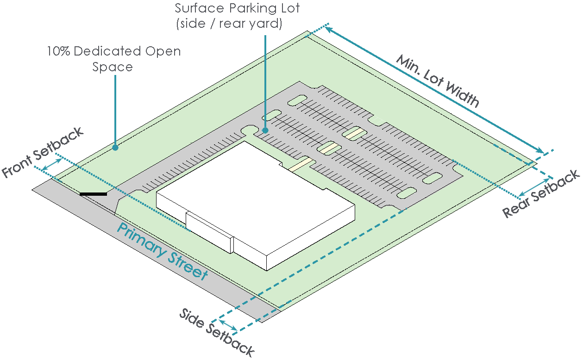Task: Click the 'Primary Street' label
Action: (x=162, y=252)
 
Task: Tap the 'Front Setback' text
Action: (x=43, y=152)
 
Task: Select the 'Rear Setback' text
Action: (x=541, y=193)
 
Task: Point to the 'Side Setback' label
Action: (x=217, y=332)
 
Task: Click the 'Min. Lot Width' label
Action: (x=438, y=81)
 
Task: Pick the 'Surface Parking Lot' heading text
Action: (x=238, y=8)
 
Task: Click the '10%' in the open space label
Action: (x=58, y=51)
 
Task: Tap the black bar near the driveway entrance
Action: (x=93, y=194)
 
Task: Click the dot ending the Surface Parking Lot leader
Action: (x=265, y=130)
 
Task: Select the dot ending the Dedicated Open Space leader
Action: (x=115, y=148)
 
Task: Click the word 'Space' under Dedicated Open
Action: (x=113, y=67)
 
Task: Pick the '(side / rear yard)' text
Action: (x=229, y=24)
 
